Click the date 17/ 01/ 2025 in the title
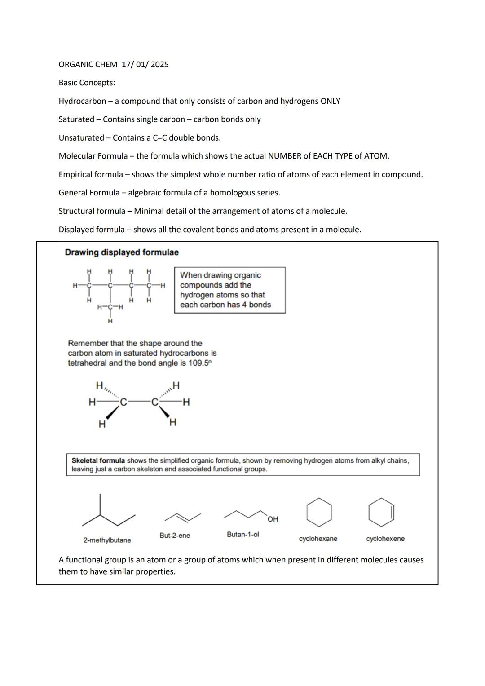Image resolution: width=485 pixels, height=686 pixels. point(145,65)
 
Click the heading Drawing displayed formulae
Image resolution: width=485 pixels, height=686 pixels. point(122,252)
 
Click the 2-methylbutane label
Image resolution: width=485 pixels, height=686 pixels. point(107,540)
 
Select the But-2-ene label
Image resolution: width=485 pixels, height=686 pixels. point(175,536)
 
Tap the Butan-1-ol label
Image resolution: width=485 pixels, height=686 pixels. point(242,535)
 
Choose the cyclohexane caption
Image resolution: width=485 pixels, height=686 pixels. point(318,539)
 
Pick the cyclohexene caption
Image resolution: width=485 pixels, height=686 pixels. point(385,539)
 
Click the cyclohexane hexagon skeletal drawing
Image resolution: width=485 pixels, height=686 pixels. point(319,512)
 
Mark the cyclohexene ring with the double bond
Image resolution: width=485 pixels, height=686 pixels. point(381,512)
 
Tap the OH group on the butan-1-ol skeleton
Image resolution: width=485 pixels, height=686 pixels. point(273,519)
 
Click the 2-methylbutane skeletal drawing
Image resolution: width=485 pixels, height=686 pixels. point(108,514)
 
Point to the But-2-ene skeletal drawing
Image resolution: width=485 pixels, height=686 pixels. point(182,518)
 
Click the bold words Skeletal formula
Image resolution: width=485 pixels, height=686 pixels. point(98,461)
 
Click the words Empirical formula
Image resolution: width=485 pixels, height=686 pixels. point(91,174)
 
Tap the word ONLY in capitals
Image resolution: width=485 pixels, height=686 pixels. point(330,102)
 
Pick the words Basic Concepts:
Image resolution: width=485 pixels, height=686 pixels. point(87,83)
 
